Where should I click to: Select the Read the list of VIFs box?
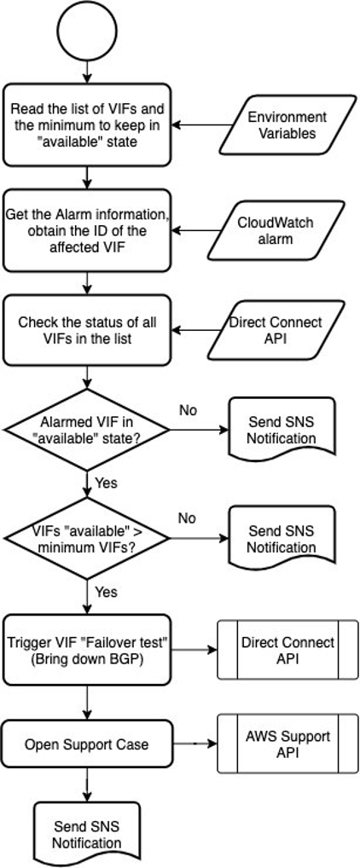pos(87,124)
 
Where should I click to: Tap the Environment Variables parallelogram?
pos(287,124)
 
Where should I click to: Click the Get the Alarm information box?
pos(87,231)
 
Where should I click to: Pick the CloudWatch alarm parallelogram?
pos(275,231)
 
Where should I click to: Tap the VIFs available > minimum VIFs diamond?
pos(87,539)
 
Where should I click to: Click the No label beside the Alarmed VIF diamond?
pos(188,410)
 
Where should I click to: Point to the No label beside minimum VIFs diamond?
pos(187,518)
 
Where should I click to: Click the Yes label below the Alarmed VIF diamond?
pos(107,483)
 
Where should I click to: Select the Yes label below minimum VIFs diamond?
pos(107,592)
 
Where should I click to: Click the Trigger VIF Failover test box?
pos(87,650)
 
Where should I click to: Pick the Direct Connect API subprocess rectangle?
pos(275,650)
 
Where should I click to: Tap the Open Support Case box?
pos(87,744)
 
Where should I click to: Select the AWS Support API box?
pos(275,744)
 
